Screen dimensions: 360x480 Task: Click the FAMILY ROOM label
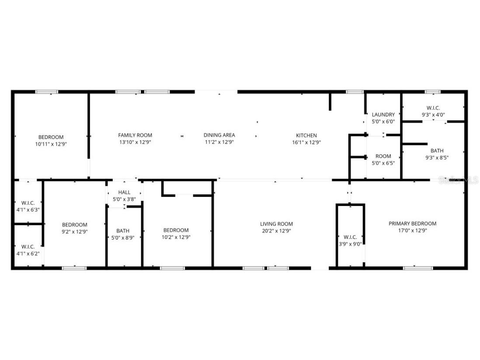(135, 135)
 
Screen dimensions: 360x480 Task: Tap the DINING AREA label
(219, 135)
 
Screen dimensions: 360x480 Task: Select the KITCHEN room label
(306, 135)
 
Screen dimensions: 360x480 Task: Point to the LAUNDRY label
(383, 115)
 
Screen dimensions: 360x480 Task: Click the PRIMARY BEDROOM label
(412, 224)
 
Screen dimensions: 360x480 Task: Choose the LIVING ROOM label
(276, 224)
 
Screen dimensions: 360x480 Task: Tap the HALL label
(124, 192)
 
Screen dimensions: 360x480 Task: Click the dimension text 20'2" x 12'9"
(276, 231)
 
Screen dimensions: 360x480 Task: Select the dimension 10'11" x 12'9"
(51, 144)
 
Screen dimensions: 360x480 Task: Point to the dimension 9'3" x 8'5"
(437, 158)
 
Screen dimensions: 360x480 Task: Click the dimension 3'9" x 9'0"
(351, 245)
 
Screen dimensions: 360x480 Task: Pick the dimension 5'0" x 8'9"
(123, 238)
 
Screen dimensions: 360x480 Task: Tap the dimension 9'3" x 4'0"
(433, 115)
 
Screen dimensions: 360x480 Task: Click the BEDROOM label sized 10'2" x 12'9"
(176, 230)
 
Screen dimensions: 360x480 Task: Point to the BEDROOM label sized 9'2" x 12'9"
(74, 225)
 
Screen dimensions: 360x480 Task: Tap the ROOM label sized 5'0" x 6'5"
(383, 156)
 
